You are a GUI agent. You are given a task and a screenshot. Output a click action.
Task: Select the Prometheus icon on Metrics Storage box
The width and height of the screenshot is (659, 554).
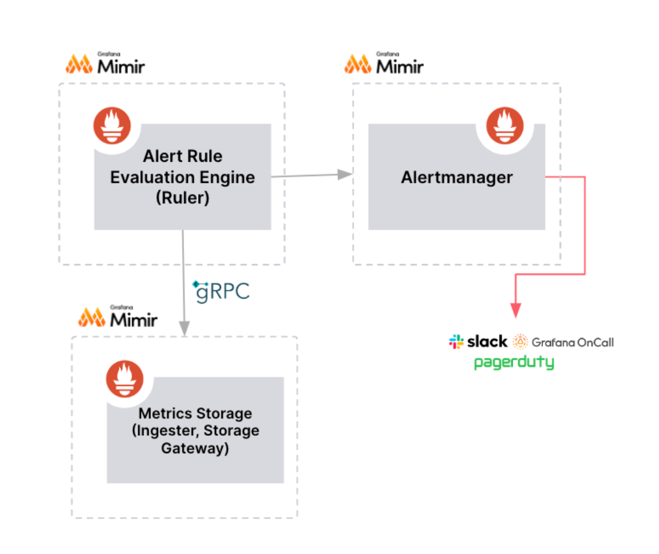[125, 380]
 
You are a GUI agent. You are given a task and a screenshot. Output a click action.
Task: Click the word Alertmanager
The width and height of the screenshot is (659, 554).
[457, 177]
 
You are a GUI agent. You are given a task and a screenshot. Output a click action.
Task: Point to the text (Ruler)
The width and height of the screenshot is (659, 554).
[183, 199]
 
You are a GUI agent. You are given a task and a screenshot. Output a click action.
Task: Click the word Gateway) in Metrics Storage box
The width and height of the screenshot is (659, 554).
[195, 448]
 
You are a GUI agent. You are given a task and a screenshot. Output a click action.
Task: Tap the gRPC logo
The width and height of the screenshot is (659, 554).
[220, 291]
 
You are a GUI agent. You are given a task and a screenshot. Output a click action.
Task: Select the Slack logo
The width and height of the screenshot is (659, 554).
[478, 342]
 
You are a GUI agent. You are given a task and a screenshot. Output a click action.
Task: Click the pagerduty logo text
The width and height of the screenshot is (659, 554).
[514, 362]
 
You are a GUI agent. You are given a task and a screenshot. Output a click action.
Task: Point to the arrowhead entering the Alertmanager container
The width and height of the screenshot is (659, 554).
[344, 174]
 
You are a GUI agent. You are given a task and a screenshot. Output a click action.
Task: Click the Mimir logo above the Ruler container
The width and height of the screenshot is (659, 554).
[105, 64]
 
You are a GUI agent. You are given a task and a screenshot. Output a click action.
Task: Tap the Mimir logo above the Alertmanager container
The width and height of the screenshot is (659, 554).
[384, 63]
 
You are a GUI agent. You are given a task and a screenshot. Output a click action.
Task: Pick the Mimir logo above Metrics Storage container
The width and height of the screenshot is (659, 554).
[118, 317]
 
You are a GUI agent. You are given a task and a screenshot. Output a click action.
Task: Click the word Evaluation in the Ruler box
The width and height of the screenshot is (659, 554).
[146, 177]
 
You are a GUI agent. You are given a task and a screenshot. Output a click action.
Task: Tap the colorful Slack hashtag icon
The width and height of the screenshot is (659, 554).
[456, 342]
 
